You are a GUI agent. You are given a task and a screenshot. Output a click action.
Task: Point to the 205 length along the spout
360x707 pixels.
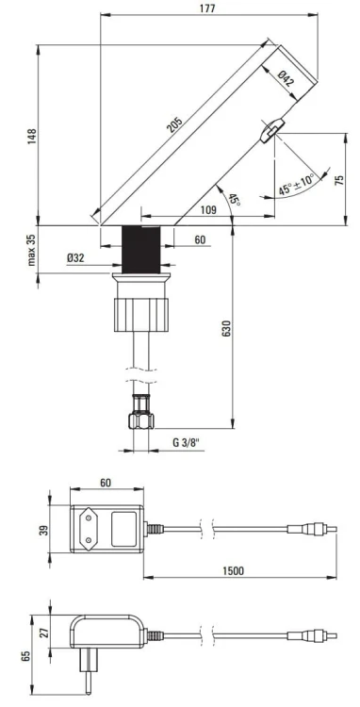pos(177,126)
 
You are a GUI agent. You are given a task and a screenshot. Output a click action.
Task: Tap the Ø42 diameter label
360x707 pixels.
pos(286,81)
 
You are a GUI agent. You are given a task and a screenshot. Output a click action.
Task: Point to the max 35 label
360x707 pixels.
pos(30,250)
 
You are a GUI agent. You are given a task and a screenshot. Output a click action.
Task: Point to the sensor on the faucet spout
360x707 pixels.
pos(270,129)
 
